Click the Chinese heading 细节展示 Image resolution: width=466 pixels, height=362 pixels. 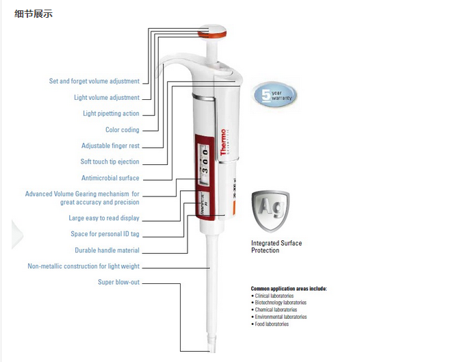tap(34, 14)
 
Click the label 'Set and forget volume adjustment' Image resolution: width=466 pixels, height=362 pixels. tap(94, 81)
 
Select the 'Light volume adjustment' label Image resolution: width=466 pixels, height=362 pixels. tap(106, 98)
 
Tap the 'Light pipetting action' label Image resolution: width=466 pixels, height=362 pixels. tap(111, 114)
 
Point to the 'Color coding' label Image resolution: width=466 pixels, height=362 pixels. tap(122, 130)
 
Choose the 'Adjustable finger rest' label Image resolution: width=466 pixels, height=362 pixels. tap(110, 146)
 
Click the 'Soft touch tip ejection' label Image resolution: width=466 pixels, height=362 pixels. tap(109, 162)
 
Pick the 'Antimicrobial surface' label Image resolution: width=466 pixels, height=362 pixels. tap(110, 179)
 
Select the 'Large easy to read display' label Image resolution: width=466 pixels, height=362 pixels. tap(104, 218)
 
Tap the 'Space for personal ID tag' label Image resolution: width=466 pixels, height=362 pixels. tap(105, 234)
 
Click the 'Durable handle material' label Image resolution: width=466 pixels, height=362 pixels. tap(107, 250)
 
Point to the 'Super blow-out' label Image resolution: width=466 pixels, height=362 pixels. tap(118, 282)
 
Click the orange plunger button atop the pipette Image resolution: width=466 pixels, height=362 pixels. tap(213, 32)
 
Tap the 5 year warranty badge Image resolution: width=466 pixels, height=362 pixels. tap(276, 94)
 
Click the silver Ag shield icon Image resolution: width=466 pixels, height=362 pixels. tap(270, 211)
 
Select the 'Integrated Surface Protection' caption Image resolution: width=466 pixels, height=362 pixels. tap(276, 246)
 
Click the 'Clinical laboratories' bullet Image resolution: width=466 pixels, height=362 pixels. tap(274, 296)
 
